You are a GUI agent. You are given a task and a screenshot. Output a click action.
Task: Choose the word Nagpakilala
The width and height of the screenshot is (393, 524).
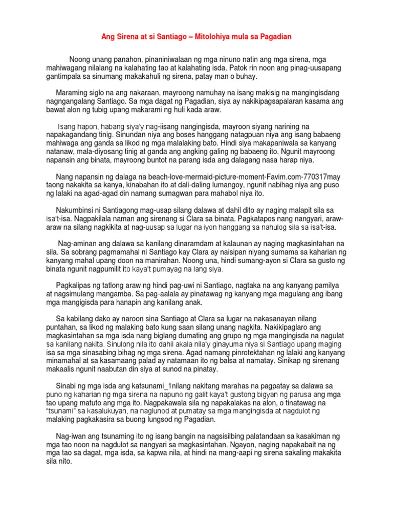point(95,219)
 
